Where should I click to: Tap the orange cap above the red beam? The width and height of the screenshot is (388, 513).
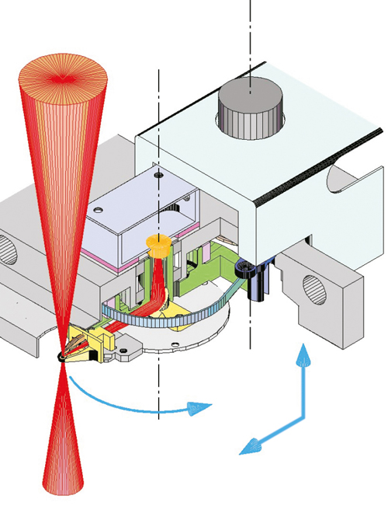(x=158, y=246)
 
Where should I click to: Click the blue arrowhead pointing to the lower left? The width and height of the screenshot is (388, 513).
(x=247, y=447)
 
